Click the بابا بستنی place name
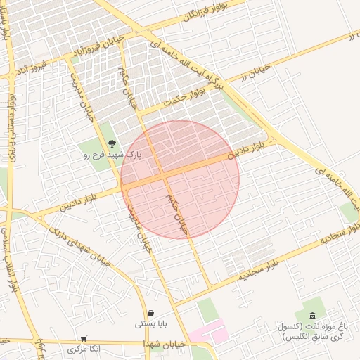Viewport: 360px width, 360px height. [150, 325]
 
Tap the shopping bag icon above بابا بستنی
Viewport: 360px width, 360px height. [150, 314]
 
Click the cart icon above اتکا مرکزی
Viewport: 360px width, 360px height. [84, 339]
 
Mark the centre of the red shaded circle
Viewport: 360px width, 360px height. [180, 179]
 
